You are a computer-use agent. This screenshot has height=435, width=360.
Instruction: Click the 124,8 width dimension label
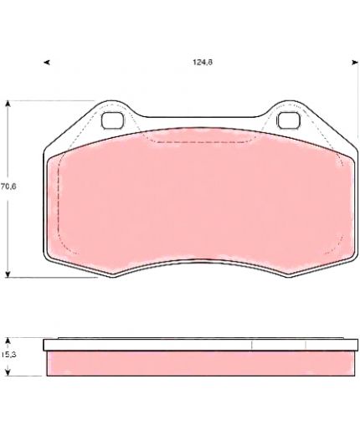(x=203, y=62)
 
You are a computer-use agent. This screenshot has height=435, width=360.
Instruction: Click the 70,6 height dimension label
(x=8, y=187)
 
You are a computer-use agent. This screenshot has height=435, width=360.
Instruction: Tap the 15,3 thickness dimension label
(x=8, y=355)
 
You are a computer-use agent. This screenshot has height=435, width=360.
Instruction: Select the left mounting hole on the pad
(x=112, y=120)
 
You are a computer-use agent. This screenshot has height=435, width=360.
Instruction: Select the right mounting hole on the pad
(x=289, y=120)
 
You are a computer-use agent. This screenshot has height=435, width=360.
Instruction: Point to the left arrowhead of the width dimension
(x=47, y=63)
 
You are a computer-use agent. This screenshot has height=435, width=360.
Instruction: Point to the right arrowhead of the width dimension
(x=355, y=63)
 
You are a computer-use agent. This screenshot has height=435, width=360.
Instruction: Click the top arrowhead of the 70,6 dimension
(x=8, y=104)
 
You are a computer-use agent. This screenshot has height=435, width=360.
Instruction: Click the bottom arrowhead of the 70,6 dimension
(x=8, y=274)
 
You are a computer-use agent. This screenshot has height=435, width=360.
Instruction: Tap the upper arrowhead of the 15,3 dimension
(x=8, y=340)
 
